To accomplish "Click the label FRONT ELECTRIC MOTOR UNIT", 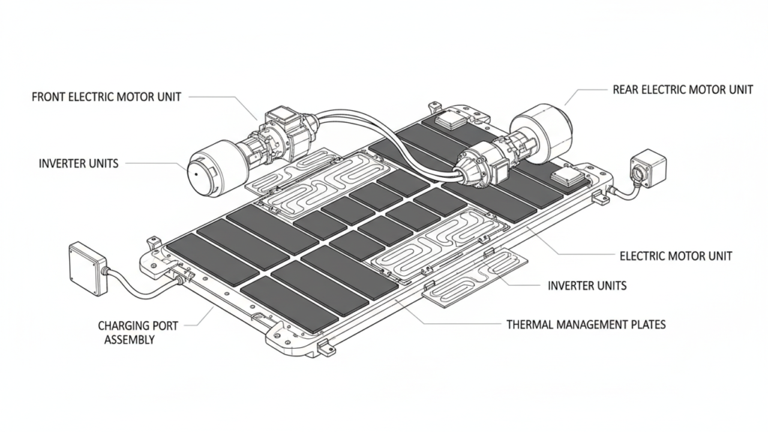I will point(106,97).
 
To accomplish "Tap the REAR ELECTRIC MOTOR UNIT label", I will point(682,90).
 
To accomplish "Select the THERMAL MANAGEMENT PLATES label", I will point(586,325).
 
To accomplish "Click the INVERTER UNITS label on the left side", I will point(78,163).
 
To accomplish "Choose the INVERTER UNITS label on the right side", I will point(587,286).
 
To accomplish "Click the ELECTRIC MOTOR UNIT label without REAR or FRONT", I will point(676,256).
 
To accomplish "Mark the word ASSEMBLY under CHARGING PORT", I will point(129,340).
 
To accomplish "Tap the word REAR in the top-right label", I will point(626,90).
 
